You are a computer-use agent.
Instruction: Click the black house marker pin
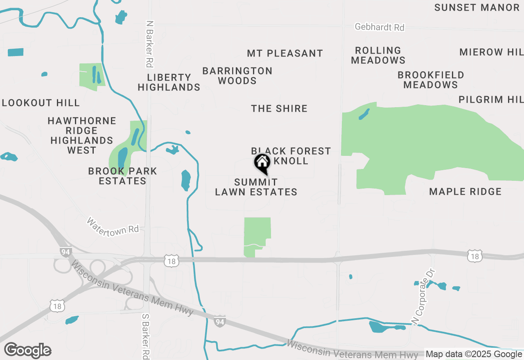262,163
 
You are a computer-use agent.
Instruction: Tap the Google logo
28,350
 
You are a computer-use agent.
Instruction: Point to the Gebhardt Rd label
379,27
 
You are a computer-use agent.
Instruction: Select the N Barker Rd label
149,44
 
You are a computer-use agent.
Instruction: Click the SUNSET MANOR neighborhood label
477,7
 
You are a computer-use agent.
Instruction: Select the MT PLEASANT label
285,53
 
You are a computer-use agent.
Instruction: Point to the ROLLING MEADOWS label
378,55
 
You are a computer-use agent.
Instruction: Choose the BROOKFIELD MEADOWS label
431,80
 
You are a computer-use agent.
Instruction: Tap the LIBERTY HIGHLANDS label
169,82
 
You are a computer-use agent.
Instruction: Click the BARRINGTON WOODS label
237,76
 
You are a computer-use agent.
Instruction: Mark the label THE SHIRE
279,108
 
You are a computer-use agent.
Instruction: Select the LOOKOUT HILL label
41,103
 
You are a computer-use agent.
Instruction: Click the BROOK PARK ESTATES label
122,176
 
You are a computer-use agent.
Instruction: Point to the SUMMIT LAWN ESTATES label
256,187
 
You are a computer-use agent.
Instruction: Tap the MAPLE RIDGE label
465,191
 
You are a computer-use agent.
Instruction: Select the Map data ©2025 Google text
474,354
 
